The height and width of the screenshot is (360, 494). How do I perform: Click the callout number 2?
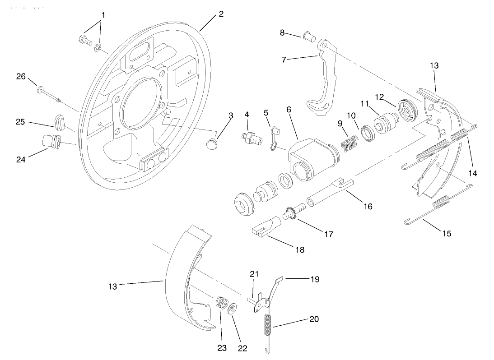pos(221,14)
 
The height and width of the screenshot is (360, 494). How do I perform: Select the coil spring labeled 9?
pos(348,144)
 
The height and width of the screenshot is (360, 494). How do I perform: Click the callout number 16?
pos(368,206)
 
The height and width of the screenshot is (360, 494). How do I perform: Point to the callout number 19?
pos(315,279)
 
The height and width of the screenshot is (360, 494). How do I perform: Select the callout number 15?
pos(446,233)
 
